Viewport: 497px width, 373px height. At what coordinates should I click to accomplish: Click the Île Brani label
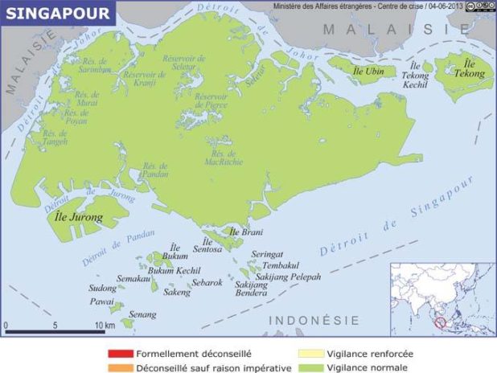(x=246, y=232)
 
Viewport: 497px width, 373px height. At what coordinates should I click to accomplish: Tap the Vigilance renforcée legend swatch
(x=310, y=353)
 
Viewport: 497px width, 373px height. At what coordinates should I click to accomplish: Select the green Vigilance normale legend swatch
(x=310, y=367)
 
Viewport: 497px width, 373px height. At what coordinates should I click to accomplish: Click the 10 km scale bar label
(x=104, y=326)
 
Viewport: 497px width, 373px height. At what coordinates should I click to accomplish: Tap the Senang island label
(x=142, y=314)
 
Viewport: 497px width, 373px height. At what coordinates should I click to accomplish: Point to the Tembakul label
(x=285, y=264)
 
